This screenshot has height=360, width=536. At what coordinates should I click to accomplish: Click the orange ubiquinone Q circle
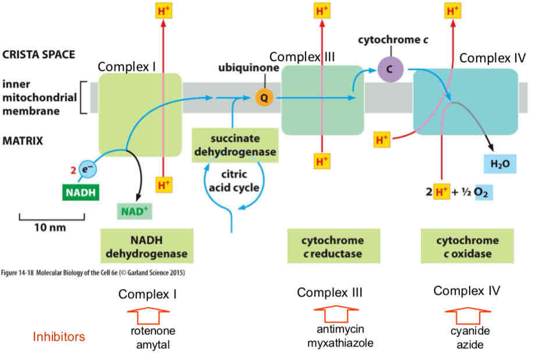[x=264, y=98]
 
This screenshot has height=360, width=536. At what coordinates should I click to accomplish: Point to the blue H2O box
[x=499, y=164]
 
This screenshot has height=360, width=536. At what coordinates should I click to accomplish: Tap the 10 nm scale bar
[x=52, y=220]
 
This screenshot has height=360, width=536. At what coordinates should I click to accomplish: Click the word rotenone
[x=152, y=331]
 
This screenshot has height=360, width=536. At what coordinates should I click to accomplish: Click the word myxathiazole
[x=340, y=343]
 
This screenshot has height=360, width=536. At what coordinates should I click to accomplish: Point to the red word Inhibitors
[x=59, y=337]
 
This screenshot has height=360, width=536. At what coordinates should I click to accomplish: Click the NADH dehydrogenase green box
[x=147, y=247]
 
